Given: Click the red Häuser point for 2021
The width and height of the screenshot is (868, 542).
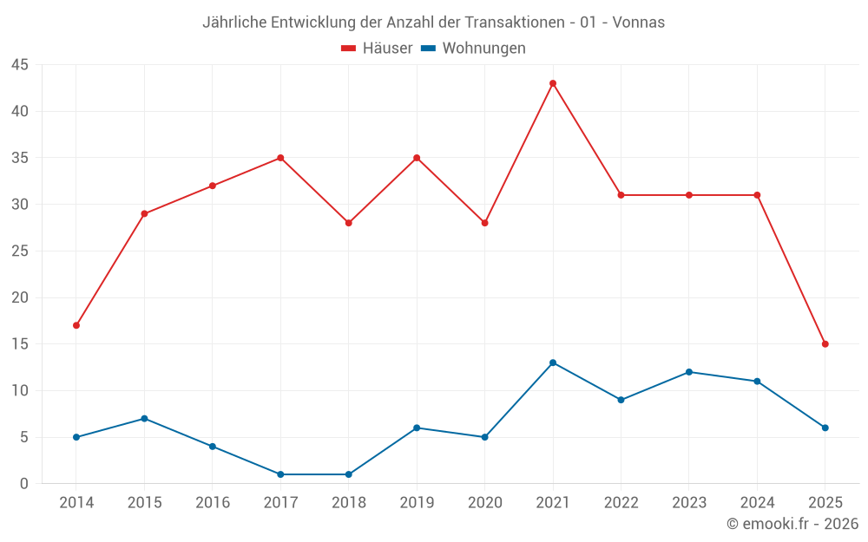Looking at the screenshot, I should pos(553,83).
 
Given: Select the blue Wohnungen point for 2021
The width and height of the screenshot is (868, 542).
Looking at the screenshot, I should pos(553,362).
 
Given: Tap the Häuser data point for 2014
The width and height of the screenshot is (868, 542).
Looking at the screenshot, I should pos(76,325).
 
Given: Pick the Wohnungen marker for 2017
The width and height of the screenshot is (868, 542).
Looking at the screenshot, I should pos(280,474).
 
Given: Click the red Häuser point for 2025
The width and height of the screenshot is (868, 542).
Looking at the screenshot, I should pos(825,344).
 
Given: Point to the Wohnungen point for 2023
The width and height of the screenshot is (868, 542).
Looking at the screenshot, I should pos(689,372).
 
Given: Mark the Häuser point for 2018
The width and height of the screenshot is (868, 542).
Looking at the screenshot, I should pos(349,223).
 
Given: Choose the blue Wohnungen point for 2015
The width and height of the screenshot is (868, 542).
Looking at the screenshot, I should pos(144,419).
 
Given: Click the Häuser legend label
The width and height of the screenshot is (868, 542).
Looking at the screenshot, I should pos(387,49).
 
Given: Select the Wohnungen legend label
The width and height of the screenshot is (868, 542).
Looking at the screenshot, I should pos(483,49).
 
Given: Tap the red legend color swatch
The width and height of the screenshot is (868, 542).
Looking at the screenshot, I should pos(349,49).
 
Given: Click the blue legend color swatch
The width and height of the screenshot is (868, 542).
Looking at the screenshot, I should pos(428,49).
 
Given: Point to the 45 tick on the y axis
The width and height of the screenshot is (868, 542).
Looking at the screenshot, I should pos(20,65).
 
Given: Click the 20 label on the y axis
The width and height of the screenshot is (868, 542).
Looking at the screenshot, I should pos(20,297).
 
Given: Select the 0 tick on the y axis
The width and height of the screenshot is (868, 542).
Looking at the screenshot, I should pos(24,484).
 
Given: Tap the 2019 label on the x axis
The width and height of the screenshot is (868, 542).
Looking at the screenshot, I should pos(417,503).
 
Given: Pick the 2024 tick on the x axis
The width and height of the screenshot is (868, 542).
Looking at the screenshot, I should pos(757,503).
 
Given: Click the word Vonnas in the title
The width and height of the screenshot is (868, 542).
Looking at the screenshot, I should pos(638,23).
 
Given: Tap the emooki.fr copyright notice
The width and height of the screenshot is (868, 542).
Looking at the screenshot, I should pos(792,524).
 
